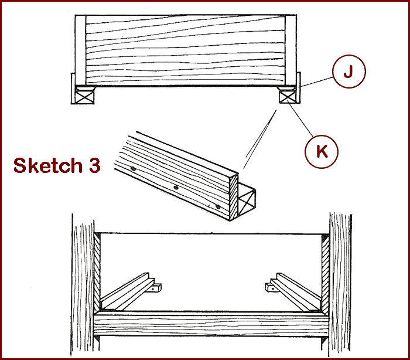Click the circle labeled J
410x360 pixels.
pos(349,71)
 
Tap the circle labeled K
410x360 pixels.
pos(322,152)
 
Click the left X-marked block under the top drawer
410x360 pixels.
pos(84,97)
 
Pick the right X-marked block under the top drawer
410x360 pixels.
pos(288,97)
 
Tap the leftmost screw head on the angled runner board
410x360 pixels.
pos(133,169)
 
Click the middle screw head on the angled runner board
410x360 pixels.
pos(176,187)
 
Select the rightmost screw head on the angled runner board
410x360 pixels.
pos(218,206)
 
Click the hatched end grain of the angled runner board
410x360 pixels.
pos(234,198)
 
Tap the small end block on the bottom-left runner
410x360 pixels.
pos(156,288)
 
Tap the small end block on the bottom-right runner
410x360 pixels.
pos(271,288)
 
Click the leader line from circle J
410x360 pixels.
pos(316,82)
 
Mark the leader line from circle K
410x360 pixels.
pos(300,120)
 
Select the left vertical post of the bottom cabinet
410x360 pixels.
pos(83,285)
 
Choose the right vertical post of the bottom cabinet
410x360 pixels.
pos(340,285)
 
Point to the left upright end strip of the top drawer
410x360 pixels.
pos(81,50)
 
